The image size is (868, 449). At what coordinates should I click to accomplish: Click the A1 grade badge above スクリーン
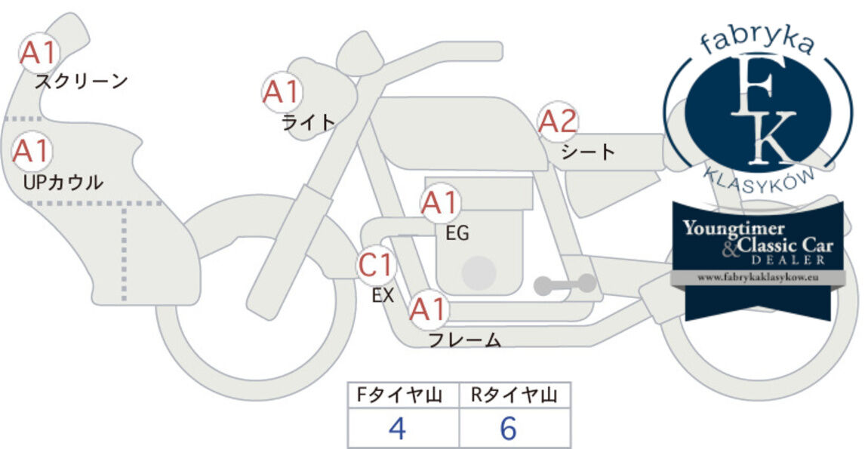[x=38, y=53]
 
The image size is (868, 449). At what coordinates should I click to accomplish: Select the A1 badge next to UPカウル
[x=32, y=151]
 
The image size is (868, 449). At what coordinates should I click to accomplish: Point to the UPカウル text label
[x=63, y=182]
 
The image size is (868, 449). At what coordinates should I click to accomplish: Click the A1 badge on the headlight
[x=282, y=92]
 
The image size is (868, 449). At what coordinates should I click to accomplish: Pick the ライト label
[x=309, y=121]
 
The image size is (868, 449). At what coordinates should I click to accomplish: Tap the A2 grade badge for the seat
[x=558, y=121]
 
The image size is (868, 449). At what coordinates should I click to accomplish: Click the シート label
[x=588, y=152]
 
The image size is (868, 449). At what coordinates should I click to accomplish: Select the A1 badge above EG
[x=440, y=203]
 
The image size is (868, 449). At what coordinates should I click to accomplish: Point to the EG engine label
[x=457, y=234]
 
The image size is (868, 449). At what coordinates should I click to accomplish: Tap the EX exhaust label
[x=383, y=296]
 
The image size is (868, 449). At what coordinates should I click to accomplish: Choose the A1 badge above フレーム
[x=428, y=309]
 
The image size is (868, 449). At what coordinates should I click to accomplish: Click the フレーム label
[x=465, y=340]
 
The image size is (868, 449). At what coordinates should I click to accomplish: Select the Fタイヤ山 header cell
[x=404, y=395]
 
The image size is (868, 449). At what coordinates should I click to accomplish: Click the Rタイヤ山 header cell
[x=515, y=395]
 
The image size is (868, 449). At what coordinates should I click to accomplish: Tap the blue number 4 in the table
[x=398, y=428]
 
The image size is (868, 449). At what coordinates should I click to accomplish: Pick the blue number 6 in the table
[x=508, y=428]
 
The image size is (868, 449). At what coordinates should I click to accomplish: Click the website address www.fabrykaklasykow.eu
[x=758, y=278]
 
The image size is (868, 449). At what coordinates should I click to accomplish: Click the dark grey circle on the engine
[x=479, y=272]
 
